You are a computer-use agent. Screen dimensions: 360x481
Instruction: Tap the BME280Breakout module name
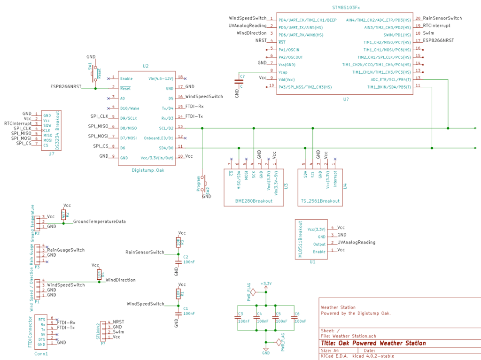254,201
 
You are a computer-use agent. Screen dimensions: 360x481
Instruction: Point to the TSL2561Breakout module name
319,201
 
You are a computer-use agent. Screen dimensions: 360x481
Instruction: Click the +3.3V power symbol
266,284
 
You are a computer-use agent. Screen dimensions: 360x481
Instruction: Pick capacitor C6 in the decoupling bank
294,318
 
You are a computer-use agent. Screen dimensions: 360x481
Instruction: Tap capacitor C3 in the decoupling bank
238,318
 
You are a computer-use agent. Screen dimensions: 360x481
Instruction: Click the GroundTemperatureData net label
99,222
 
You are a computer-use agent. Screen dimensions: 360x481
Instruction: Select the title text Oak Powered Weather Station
373,343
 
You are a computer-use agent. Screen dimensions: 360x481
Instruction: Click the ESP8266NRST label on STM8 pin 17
439,41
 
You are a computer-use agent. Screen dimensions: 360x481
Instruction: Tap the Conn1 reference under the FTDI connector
41,353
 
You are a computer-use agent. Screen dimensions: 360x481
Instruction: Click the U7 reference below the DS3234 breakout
51,153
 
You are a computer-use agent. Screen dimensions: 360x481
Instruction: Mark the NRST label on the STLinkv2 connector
118,322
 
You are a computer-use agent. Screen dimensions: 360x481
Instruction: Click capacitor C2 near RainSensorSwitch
178,261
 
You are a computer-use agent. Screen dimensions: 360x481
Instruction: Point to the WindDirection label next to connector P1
121,280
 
